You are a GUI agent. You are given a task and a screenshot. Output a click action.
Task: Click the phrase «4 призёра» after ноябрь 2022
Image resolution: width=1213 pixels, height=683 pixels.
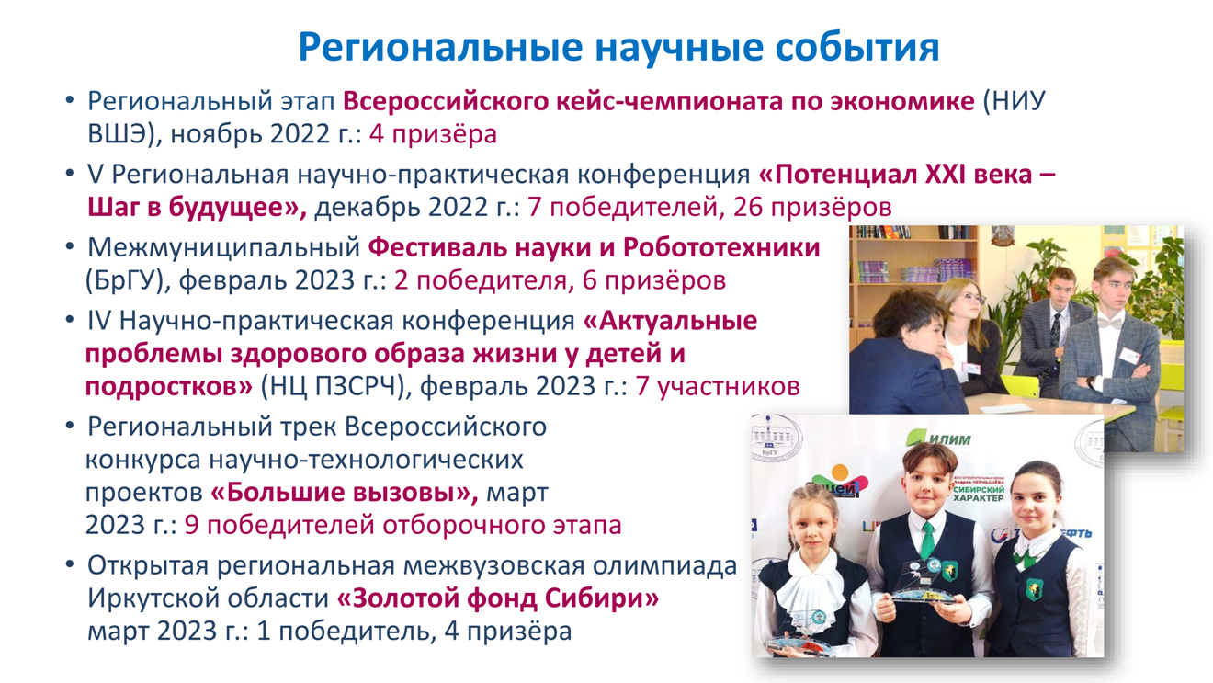click(x=433, y=134)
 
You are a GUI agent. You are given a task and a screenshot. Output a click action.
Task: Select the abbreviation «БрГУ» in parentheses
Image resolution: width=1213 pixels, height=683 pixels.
click(x=125, y=280)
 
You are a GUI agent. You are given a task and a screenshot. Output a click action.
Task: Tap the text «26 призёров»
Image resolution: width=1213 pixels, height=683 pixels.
click(x=812, y=207)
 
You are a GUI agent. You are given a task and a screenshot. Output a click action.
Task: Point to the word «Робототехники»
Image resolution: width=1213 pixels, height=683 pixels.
click(x=721, y=247)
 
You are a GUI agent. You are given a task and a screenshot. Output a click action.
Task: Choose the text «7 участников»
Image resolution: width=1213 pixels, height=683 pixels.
click(x=718, y=387)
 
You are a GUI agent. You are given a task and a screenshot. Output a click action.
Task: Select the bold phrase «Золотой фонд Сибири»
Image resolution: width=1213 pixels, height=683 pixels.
click(x=498, y=598)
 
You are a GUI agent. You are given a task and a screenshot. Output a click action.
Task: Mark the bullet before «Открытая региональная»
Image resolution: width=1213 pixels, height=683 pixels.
click(x=69, y=564)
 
